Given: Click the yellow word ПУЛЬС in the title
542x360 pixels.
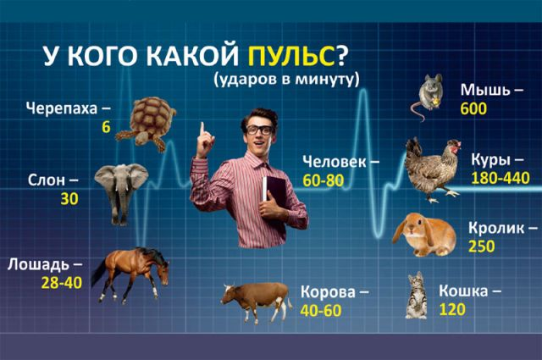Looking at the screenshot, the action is tap(291, 56).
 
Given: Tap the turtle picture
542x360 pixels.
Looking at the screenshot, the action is tap(147, 124).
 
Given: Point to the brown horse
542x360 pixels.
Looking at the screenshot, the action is tap(130, 274).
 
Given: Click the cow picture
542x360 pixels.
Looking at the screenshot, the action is tap(256, 301).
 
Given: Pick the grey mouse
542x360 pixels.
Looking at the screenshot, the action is tap(427, 97).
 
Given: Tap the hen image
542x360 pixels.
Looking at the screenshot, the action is tap(433, 169).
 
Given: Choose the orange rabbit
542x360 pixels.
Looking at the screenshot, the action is tap(424, 235).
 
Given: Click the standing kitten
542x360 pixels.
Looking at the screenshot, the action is tap(416, 295).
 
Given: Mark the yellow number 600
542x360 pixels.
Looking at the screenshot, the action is tap(473, 108).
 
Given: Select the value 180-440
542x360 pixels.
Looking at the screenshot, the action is tap(501, 178).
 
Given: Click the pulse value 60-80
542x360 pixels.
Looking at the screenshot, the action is tap(324, 180).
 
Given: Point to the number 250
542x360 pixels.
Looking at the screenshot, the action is tap(482, 246).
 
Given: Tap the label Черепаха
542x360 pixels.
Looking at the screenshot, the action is tap(62, 108).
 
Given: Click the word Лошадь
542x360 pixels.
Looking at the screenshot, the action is tap(38, 264).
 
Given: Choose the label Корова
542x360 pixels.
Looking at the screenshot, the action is tap(328, 292).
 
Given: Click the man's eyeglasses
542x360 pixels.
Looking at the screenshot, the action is tap(259, 130).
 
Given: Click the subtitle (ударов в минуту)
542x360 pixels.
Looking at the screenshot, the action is tap(286, 79).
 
